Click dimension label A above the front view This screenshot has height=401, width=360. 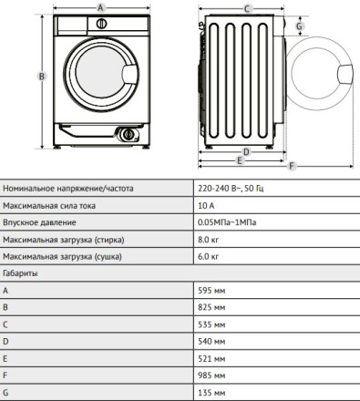pos(100,8)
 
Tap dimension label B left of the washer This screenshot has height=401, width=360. pos(42,76)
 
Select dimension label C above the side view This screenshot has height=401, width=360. pos(247,9)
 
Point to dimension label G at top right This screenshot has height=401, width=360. pos(299,26)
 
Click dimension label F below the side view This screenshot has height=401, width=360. pos(292,166)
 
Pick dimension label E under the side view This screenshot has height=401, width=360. pos(240,160)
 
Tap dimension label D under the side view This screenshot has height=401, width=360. pos(246,151)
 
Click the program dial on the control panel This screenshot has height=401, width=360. pos(101,24)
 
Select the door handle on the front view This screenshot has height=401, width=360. pos(130,74)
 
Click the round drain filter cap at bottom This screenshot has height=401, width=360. pos(129,135)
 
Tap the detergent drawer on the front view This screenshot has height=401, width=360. pos(72,25)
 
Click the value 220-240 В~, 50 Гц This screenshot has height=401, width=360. pos(231,189)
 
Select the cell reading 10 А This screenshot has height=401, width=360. pos(206,206)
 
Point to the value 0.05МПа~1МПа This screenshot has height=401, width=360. pos(227,222)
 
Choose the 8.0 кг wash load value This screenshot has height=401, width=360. pos(208,240)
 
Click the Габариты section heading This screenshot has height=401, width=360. pos(20,273)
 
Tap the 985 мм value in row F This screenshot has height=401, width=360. pos(211,375)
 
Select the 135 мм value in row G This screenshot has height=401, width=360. pos(211,393)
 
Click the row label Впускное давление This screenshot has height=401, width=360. pos(39,222)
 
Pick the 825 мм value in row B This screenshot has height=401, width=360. pos(211,307)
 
